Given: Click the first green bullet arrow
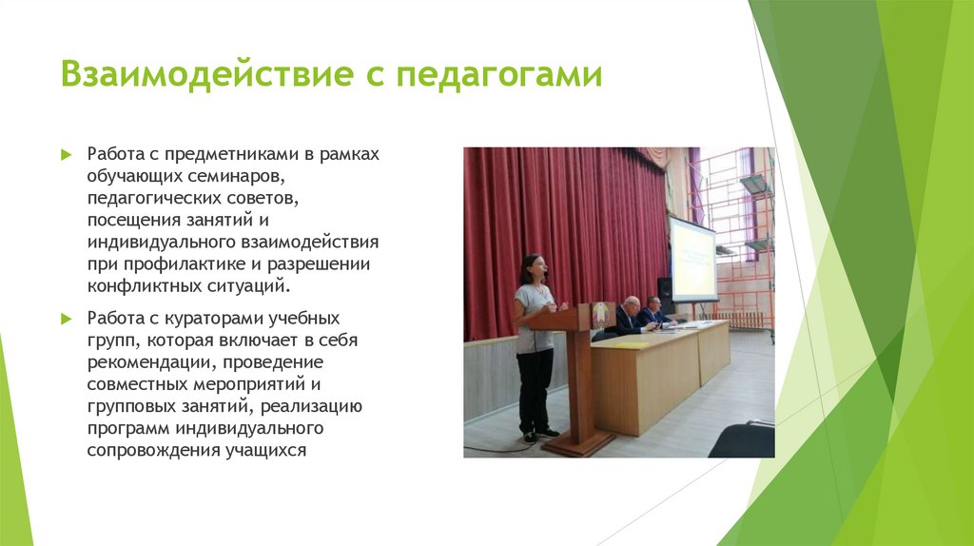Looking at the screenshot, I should pyautogui.click(x=66, y=154).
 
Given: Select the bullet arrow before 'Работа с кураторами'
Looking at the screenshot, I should pyautogui.click(x=66, y=318).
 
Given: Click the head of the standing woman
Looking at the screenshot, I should pyautogui.click(x=533, y=267).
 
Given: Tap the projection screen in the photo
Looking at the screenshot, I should pyautogui.click(x=692, y=260).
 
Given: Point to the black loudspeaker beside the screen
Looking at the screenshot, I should pyautogui.click(x=665, y=295).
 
